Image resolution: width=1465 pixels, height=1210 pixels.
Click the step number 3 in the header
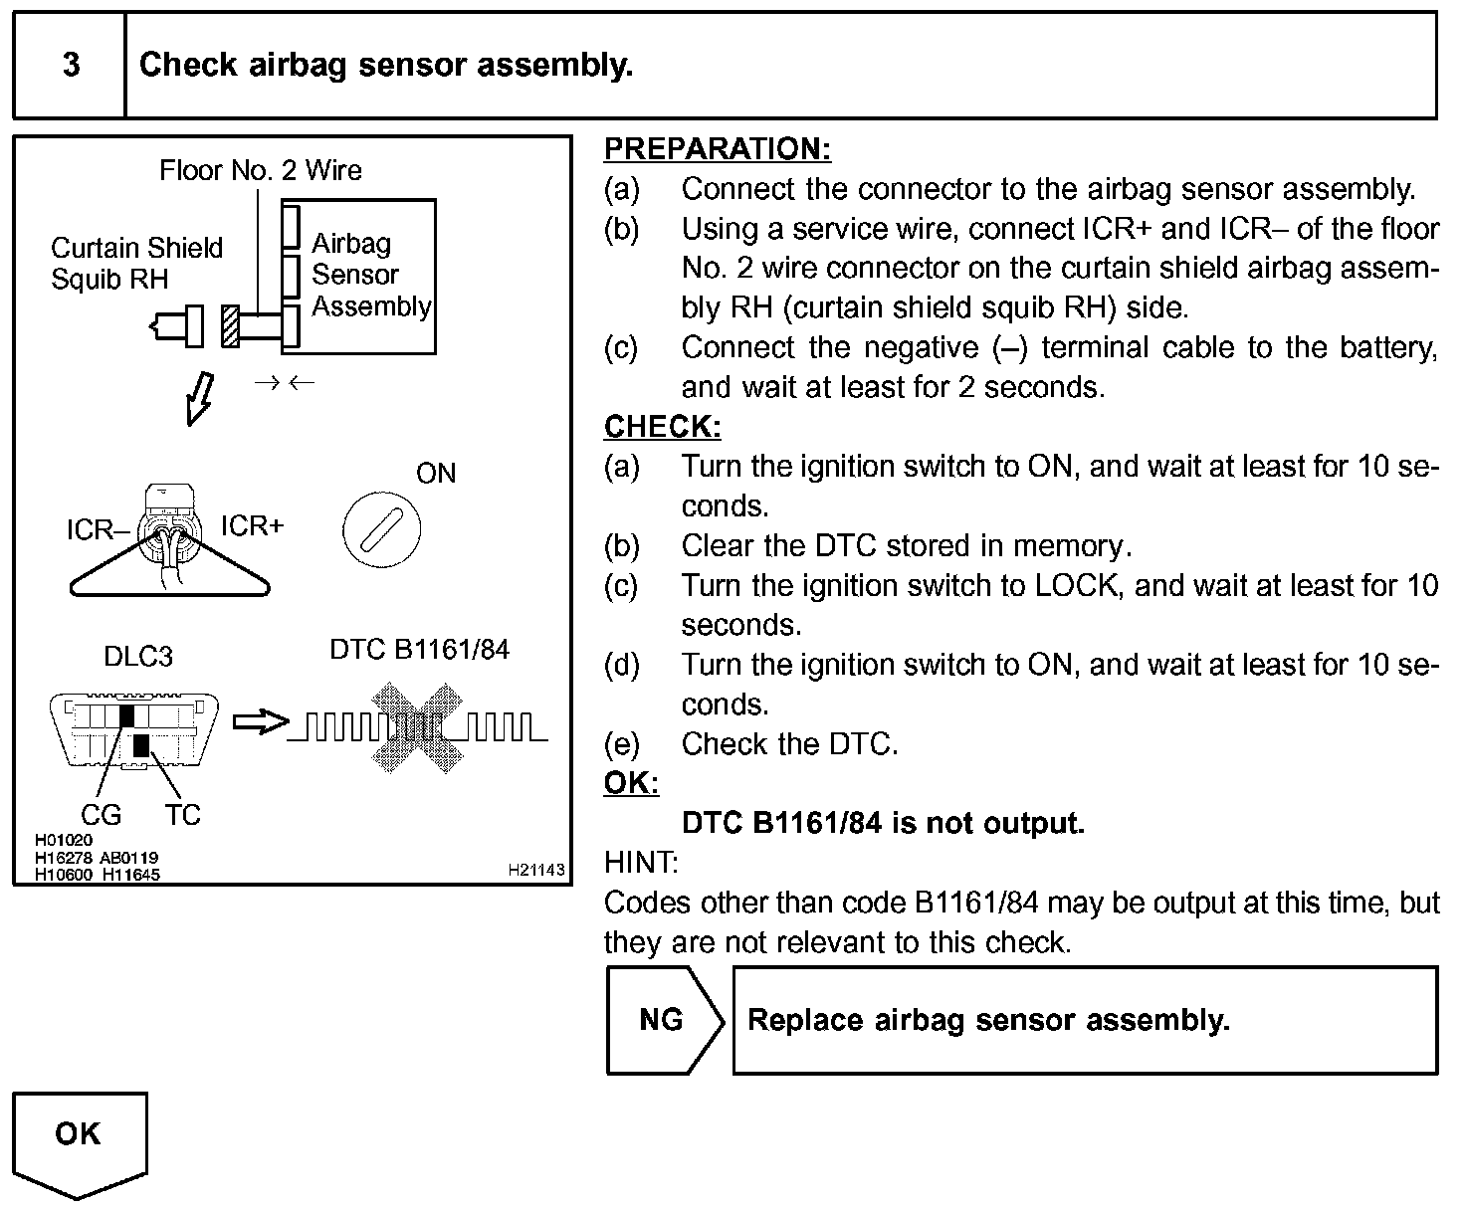tap(71, 66)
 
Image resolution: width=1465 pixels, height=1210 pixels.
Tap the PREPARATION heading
tap(717, 149)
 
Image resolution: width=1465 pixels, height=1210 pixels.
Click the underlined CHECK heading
tap(662, 427)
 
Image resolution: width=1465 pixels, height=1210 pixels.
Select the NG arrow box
tap(663, 1020)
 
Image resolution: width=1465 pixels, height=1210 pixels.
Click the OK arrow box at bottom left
tap(79, 1139)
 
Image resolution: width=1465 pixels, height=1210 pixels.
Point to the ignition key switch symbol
tap(381, 528)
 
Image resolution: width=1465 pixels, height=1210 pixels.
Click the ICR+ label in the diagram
tap(252, 525)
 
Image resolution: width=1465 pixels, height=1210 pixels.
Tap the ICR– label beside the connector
tap(97, 530)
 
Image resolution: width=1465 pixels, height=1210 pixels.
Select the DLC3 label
tap(138, 657)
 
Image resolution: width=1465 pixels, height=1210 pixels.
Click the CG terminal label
tap(101, 816)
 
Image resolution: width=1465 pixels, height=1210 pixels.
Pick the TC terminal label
tap(183, 816)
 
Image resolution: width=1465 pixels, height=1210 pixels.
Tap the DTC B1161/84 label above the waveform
tap(419, 650)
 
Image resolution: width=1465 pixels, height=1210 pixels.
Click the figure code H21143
tap(536, 870)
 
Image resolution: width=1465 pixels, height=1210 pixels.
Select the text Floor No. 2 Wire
tap(261, 170)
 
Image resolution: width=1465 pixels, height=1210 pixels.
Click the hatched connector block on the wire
tap(231, 325)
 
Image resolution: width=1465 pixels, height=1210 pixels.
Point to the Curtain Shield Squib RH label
tap(136, 263)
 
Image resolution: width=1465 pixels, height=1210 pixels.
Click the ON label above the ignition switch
tap(436, 473)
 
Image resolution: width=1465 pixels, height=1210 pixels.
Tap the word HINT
tap(641, 863)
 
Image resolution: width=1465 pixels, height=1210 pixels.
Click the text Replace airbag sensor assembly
tap(988, 1020)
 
